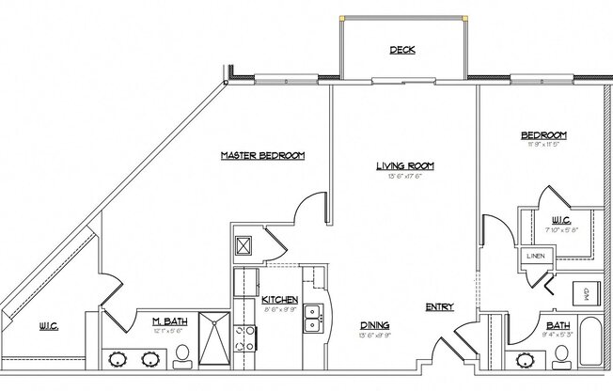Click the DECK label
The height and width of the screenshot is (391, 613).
click(x=401, y=51)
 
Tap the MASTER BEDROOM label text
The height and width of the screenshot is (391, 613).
click(x=262, y=155)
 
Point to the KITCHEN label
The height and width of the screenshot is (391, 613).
click(x=254, y=298)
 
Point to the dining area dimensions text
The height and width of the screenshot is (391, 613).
click(x=374, y=336)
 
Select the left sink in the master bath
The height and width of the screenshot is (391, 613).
click(x=119, y=358)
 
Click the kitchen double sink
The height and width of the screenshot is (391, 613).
click(x=313, y=320)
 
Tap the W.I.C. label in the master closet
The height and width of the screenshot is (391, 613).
click(x=49, y=327)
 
